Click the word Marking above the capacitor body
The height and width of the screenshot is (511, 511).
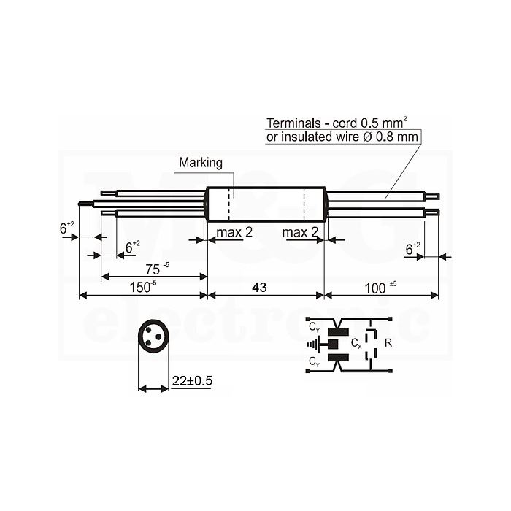click(x=201, y=163)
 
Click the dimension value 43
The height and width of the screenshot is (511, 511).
click(x=259, y=288)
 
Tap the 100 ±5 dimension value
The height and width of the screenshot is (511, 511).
click(x=380, y=288)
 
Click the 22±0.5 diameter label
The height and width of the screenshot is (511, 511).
click(x=192, y=380)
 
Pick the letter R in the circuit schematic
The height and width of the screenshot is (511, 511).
click(x=388, y=343)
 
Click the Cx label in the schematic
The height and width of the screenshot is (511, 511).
click(x=356, y=344)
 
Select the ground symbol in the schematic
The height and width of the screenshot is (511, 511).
click(x=314, y=344)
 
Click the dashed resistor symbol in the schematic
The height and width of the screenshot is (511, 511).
click(x=371, y=345)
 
